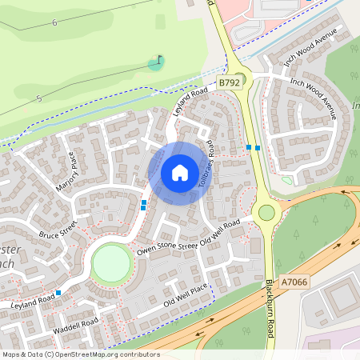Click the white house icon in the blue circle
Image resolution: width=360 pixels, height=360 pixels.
point(180,173)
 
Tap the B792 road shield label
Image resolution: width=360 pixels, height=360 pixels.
point(229,82)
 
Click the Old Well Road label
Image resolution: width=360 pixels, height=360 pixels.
point(220,232)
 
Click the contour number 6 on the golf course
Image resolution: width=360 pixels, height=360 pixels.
point(54,23)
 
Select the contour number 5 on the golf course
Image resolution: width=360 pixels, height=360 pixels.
point(38,98)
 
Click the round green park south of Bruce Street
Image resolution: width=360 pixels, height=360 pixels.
point(111,263)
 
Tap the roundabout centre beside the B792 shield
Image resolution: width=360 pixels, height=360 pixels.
point(240,79)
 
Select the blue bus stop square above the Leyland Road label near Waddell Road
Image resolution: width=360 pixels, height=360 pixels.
point(58,293)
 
